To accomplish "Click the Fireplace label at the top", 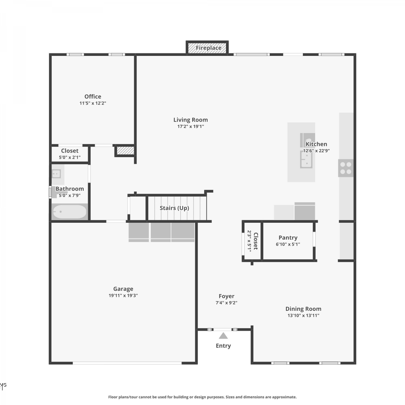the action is pyautogui.click(x=208, y=48).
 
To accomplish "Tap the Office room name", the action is pyautogui.click(x=93, y=96).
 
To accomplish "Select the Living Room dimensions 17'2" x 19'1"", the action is pyautogui.click(x=191, y=126).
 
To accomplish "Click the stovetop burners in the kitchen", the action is pyautogui.click(x=346, y=168).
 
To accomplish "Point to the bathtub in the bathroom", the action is pyautogui.click(x=70, y=212).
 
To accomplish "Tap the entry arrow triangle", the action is pyautogui.click(x=223, y=336).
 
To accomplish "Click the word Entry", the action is pyautogui.click(x=223, y=346).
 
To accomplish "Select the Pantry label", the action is pyautogui.click(x=288, y=238).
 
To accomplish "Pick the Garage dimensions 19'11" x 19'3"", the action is pyautogui.click(x=123, y=295).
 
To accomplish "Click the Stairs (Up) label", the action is pyautogui.click(x=174, y=208).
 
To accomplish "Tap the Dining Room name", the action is pyautogui.click(x=303, y=309).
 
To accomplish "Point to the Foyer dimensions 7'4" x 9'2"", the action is pyautogui.click(x=226, y=303).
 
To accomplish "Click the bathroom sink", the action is pyautogui.click(x=56, y=174).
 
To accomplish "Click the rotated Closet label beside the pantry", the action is pyautogui.click(x=256, y=241).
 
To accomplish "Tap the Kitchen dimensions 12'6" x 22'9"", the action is pyautogui.click(x=316, y=151).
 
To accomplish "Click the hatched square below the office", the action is pyautogui.click(x=125, y=150).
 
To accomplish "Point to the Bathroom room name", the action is pyautogui.click(x=70, y=189).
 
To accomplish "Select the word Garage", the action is pyautogui.click(x=123, y=289).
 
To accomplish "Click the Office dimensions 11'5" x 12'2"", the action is pyautogui.click(x=93, y=103).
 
